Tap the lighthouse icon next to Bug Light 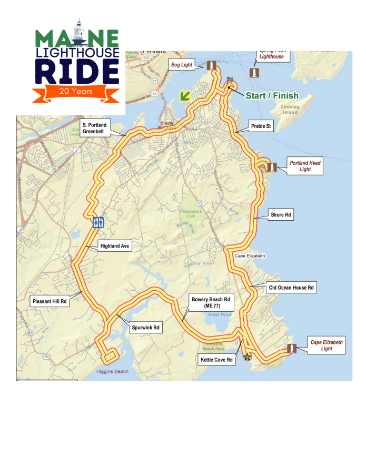pyautogui.click(x=212, y=66)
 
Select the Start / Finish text pyautogui.click(x=272, y=95)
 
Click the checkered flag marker pyautogui.click(x=230, y=81)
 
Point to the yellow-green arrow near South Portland pyautogui.click(x=184, y=96)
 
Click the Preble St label pyautogui.click(x=261, y=126)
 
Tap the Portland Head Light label pyautogui.click(x=305, y=166)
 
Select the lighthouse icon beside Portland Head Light pyautogui.click(x=272, y=167)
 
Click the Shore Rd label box pyautogui.click(x=281, y=215)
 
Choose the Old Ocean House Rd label pyautogui.click(x=291, y=288)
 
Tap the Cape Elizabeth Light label pyautogui.click(x=326, y=345)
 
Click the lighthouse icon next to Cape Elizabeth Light pyautogui.click(x=291, y=349)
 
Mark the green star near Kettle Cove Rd pyautogui.click(x=247, y=357)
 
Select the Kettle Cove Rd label pyautogui.click(x=216, y=360)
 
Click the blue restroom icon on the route pyautogui.click(x=98, y=222)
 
